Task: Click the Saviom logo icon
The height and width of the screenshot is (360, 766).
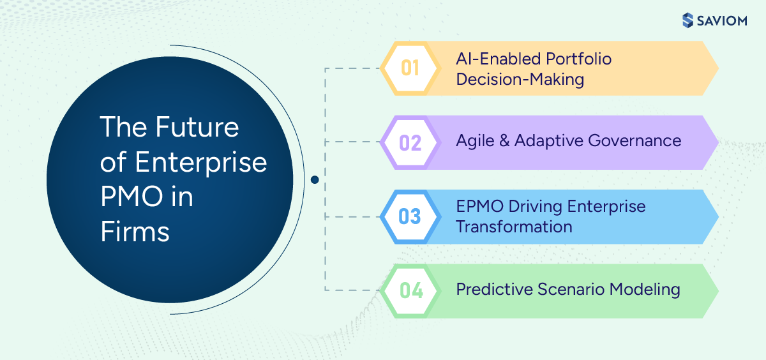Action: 687,20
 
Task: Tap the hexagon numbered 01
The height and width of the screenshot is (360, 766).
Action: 410,68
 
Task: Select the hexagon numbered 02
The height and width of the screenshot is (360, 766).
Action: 410,142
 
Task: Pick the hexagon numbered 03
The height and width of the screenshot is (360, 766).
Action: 410,216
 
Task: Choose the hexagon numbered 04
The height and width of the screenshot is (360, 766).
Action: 410,290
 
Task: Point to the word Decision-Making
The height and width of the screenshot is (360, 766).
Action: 520,79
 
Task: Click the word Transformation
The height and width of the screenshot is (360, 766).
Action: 514,227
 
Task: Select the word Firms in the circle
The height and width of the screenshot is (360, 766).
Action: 135,232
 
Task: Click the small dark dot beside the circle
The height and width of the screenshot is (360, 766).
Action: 314,180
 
